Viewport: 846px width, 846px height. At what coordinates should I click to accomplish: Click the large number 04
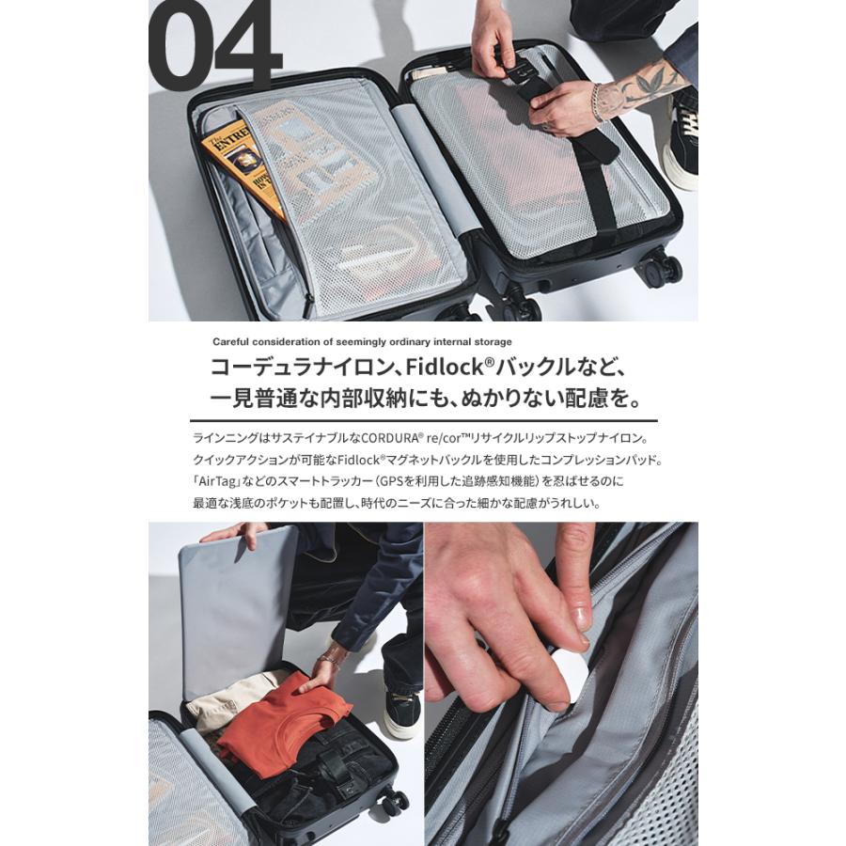[214, 47]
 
